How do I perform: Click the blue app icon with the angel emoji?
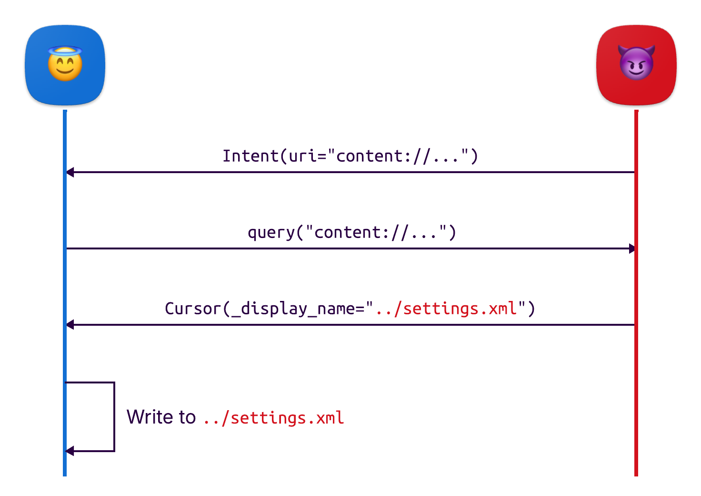pos(65,65)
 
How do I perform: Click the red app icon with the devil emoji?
pos(636,65)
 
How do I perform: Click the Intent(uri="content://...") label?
pos(350,156)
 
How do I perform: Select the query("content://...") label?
pos(351,233)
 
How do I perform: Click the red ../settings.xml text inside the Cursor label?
pos(446,309)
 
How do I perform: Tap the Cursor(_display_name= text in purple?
pos(265,309)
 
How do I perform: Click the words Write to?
pos(161,417)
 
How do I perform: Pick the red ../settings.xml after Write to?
pos(273,418)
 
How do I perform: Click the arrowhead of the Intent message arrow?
pos(70,172)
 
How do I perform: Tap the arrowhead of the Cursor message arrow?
pos(70,325)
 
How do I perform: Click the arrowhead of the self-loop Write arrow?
pos(70,451)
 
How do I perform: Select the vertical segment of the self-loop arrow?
pos(114,416)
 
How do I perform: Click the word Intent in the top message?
pos(250,156)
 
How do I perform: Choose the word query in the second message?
pos(271,233)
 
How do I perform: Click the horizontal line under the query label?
pos(350,248)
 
